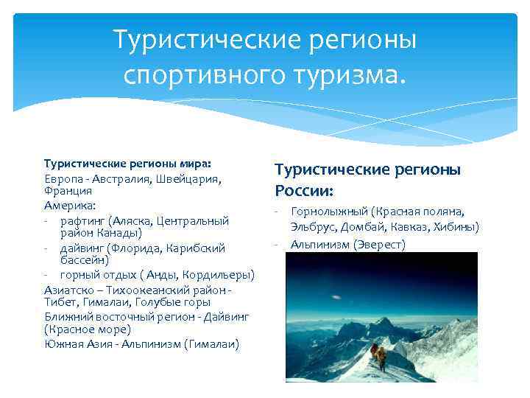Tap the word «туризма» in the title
(341, 74)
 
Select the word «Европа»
(62, 178)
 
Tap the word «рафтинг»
(82, 220)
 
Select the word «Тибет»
(58, 302)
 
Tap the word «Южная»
(63, 343)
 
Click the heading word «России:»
(304, 191)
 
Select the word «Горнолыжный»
(328, 212)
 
